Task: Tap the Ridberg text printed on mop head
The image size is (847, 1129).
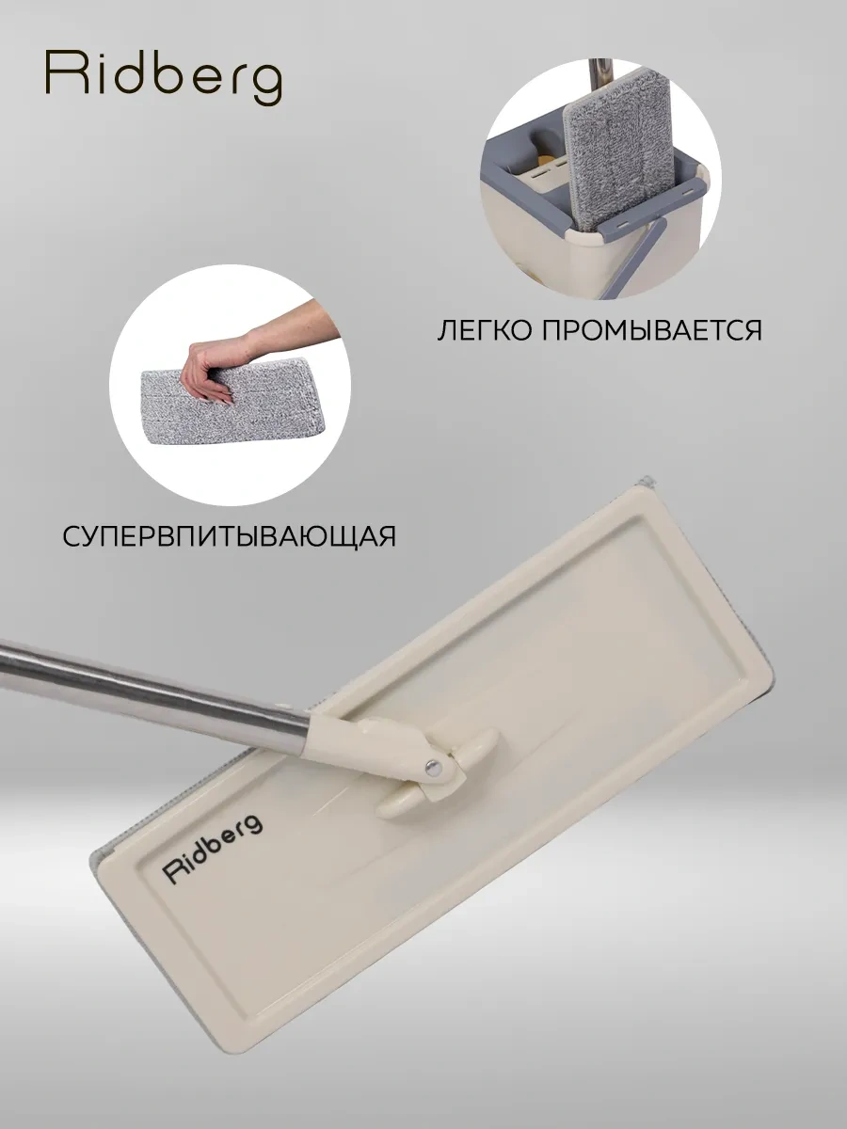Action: click(213, 846)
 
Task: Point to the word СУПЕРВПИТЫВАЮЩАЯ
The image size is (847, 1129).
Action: click(229, 535)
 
